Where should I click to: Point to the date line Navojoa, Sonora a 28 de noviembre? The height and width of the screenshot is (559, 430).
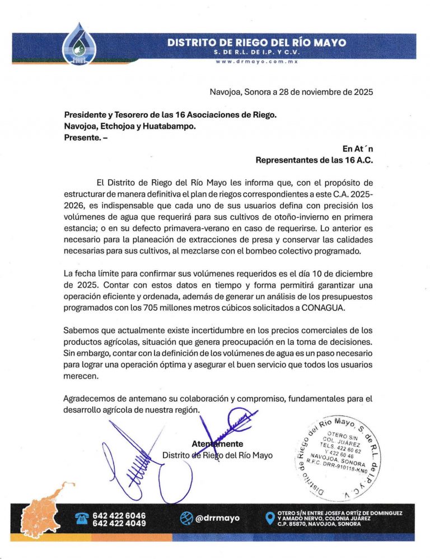click(291, 91)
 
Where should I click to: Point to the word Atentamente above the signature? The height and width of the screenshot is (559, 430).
click(217, 444)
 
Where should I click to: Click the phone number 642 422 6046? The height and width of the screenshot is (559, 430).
click(119, 515)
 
